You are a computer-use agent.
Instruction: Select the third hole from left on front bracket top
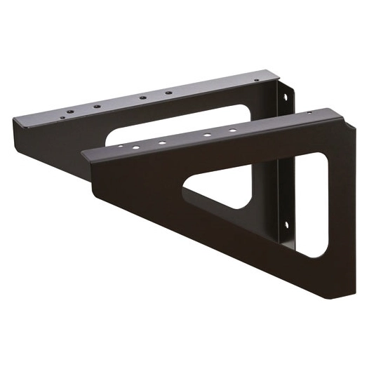point(161,143)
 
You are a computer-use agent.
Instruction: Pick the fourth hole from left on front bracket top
point(208,135)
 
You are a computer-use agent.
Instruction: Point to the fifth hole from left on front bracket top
point(233,130)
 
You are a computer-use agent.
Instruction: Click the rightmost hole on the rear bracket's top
point(168,93)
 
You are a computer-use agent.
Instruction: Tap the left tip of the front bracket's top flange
point(84,152)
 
